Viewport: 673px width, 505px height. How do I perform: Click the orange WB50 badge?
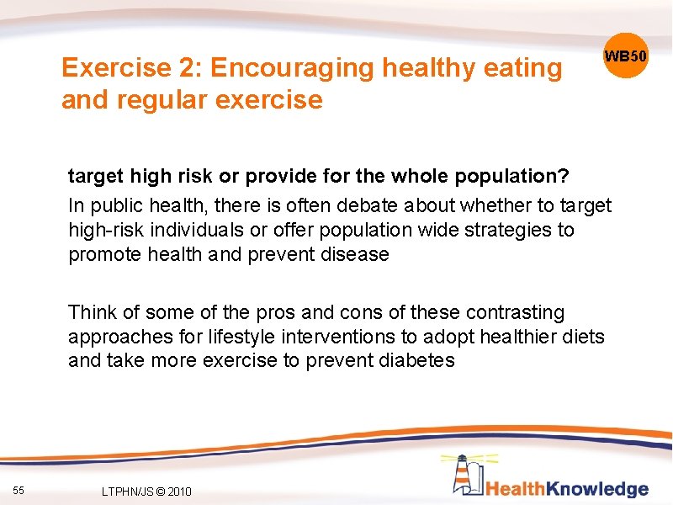[x=626, y=56]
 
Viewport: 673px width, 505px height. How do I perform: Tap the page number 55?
[x=19, y=490]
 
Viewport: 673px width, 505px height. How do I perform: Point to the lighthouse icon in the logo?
[x=464, y=475]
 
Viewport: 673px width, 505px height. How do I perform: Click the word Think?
[x=92, y=312]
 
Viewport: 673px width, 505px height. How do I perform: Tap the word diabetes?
[x=415, y=361]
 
